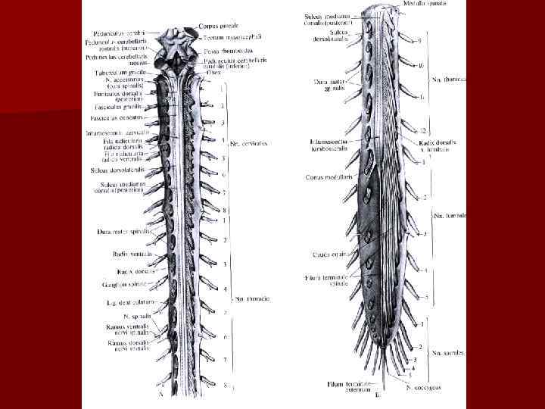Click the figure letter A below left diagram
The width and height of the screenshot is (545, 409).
160,395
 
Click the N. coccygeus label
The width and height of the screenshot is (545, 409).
422,388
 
